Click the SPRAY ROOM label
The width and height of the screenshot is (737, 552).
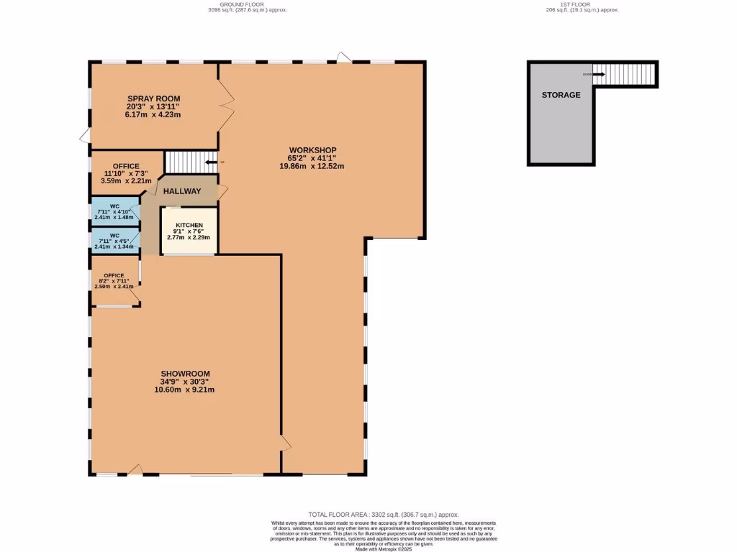click(x=153, y=98)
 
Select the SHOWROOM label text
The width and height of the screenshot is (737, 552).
click(x=184, y=373)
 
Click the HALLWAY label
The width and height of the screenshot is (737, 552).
click(x=181, y=191)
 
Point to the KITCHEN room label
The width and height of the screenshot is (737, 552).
click(x=189, y=225)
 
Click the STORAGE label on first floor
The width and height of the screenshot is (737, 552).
click(x=561, y=95)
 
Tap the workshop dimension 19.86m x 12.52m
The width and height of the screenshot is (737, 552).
click(x=312, y=166)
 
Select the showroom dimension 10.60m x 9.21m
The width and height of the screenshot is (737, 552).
click(x=184, y=390)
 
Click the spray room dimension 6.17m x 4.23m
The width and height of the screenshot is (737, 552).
click(x=153, y=115)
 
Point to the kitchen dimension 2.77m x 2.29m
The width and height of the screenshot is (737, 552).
click(x=189, y=237)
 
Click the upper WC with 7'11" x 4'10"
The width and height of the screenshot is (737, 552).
click(x=114, y=211)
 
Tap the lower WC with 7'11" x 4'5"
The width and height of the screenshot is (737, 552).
click(x=114, y=241)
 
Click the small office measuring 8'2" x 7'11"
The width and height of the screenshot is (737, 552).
click(x=114, y=281)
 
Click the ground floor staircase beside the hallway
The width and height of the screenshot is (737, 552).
click(x=191, y=162)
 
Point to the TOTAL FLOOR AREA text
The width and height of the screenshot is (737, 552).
click(x=383, y=515)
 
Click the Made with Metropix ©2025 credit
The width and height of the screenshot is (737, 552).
click(x=383, y=549)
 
